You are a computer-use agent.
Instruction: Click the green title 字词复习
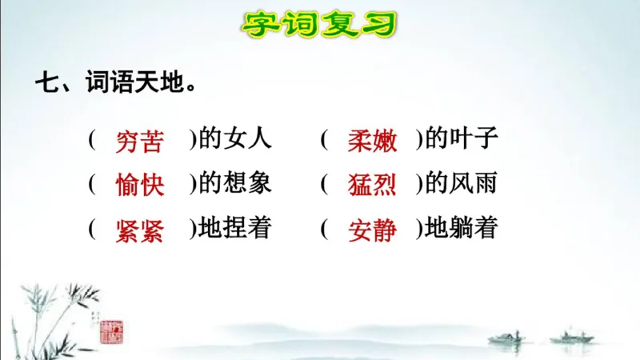coord(319,24)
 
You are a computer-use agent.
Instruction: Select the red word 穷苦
coord(140,141)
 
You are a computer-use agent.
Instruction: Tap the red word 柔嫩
coord(372,141)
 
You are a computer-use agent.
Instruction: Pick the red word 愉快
coord(140,185)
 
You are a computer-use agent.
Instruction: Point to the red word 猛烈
coord(372,185)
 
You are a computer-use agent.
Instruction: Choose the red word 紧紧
coord(140,230)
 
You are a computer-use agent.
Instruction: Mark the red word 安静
coord(372,230)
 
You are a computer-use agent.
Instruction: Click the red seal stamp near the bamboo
coord(111,330)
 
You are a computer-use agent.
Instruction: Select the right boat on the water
coord(577,336)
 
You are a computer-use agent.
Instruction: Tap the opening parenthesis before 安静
coord(324,230)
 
